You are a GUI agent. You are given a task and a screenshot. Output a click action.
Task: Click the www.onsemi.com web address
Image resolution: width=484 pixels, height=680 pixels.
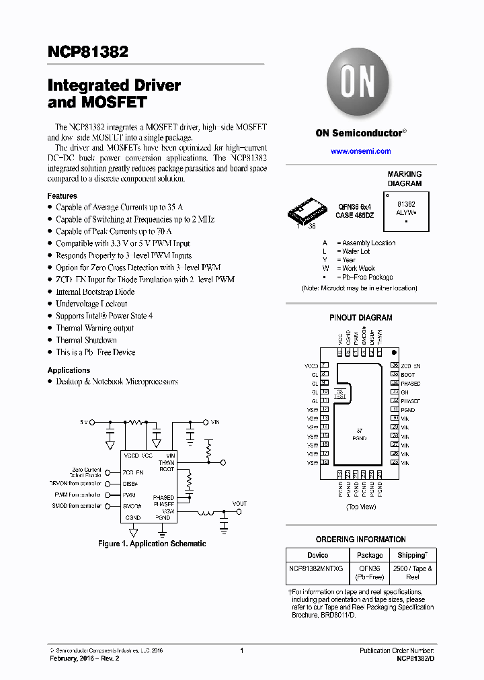pos(360,151)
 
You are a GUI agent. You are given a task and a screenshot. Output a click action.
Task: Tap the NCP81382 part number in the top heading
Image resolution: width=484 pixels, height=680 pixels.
pos(88,52)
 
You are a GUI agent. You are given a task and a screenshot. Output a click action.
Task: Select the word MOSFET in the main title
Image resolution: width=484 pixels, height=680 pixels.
pos(108,103)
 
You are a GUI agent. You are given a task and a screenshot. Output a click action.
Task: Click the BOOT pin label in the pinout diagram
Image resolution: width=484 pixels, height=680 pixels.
pos(407,374)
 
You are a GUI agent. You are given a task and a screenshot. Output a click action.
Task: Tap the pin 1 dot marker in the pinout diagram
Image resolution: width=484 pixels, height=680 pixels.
pos(395,352)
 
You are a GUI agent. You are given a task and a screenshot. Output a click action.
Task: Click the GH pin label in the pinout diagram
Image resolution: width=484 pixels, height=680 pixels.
pos(405,392)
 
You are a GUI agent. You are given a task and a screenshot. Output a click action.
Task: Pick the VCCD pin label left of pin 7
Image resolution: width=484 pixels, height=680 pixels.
pos(311,366)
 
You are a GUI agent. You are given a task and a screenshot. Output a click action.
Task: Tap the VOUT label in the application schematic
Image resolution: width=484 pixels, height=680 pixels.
pos(239,503)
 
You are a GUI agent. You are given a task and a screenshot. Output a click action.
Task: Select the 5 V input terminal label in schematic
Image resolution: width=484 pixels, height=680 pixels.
pos(84,422)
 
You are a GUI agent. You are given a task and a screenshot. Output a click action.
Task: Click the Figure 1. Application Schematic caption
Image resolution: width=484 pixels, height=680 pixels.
pos(152,544)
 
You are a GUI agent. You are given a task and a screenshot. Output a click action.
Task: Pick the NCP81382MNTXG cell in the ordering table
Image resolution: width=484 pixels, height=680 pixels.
pos(316,568)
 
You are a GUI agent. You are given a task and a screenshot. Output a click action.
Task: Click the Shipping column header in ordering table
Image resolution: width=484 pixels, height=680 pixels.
pos(411,555)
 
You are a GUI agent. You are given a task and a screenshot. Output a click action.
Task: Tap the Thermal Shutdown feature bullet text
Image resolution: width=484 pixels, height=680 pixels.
pos(86,340)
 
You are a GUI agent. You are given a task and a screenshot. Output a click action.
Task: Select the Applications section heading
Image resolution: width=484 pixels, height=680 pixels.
pos(69,370)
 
